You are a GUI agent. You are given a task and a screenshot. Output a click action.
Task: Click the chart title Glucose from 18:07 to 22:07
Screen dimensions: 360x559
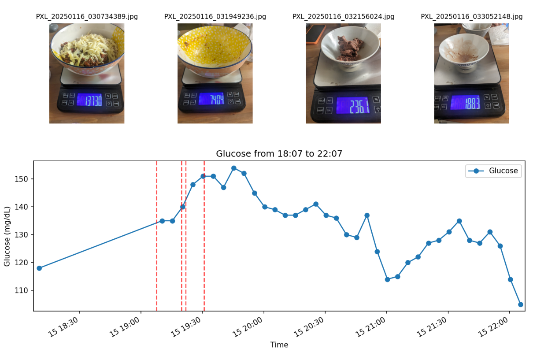279,154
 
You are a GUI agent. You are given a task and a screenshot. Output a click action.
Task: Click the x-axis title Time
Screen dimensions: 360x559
279,345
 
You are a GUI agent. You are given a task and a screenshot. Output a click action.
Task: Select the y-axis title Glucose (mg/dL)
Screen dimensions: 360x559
7,236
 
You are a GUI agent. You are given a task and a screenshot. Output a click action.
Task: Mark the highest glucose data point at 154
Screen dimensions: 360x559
234,168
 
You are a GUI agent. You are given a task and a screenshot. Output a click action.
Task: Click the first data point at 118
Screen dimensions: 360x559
39,268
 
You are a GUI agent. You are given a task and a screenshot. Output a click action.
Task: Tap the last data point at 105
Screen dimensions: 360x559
521,304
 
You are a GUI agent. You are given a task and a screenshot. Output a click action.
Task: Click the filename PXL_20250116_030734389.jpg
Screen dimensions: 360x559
86,17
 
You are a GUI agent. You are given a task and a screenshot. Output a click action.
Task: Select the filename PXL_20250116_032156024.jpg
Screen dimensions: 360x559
343,17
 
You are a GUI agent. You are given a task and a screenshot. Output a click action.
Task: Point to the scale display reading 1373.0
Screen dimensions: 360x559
89,100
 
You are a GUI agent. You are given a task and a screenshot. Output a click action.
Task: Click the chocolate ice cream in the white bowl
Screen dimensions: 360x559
348,48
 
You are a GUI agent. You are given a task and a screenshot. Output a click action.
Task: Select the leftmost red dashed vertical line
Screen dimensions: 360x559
156,236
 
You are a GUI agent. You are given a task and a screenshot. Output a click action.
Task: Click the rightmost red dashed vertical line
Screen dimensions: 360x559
204,236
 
